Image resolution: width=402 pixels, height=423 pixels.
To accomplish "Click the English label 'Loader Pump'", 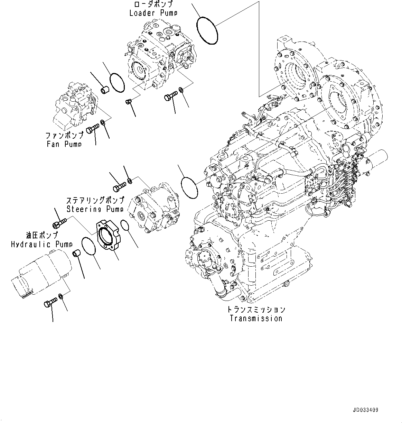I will pyautogui.click(x=153, y=13).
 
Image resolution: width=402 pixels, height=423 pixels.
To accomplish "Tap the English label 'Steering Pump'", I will pyautogui.click(x=95, y=209).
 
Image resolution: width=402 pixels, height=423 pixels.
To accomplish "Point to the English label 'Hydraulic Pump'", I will pyautogui.click(x=41, y=245).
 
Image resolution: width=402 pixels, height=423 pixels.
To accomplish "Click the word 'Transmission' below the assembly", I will pyautogui.click(x=256, y=319).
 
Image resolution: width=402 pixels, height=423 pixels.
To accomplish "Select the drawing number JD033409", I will pyautogui.click(x=365, y=410).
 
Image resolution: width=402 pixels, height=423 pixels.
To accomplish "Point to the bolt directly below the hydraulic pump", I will pyautogui.click(x=50, y=303).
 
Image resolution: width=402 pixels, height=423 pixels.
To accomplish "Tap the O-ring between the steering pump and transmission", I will pyautogui.click(x=189, y=188).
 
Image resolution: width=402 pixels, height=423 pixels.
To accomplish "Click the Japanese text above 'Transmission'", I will pyautogui.click(x=256, y=309).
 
